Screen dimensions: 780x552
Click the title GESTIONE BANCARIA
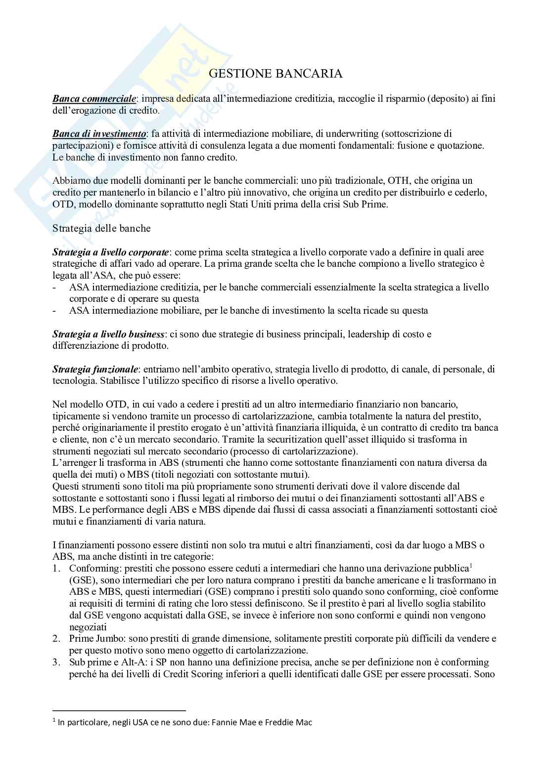pyautogui.click(x=276, y=74)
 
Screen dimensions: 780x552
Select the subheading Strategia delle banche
pyautogui.click(x=101, y=228)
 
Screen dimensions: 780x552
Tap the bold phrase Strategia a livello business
pyautogui.click(x=109, y=334)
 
